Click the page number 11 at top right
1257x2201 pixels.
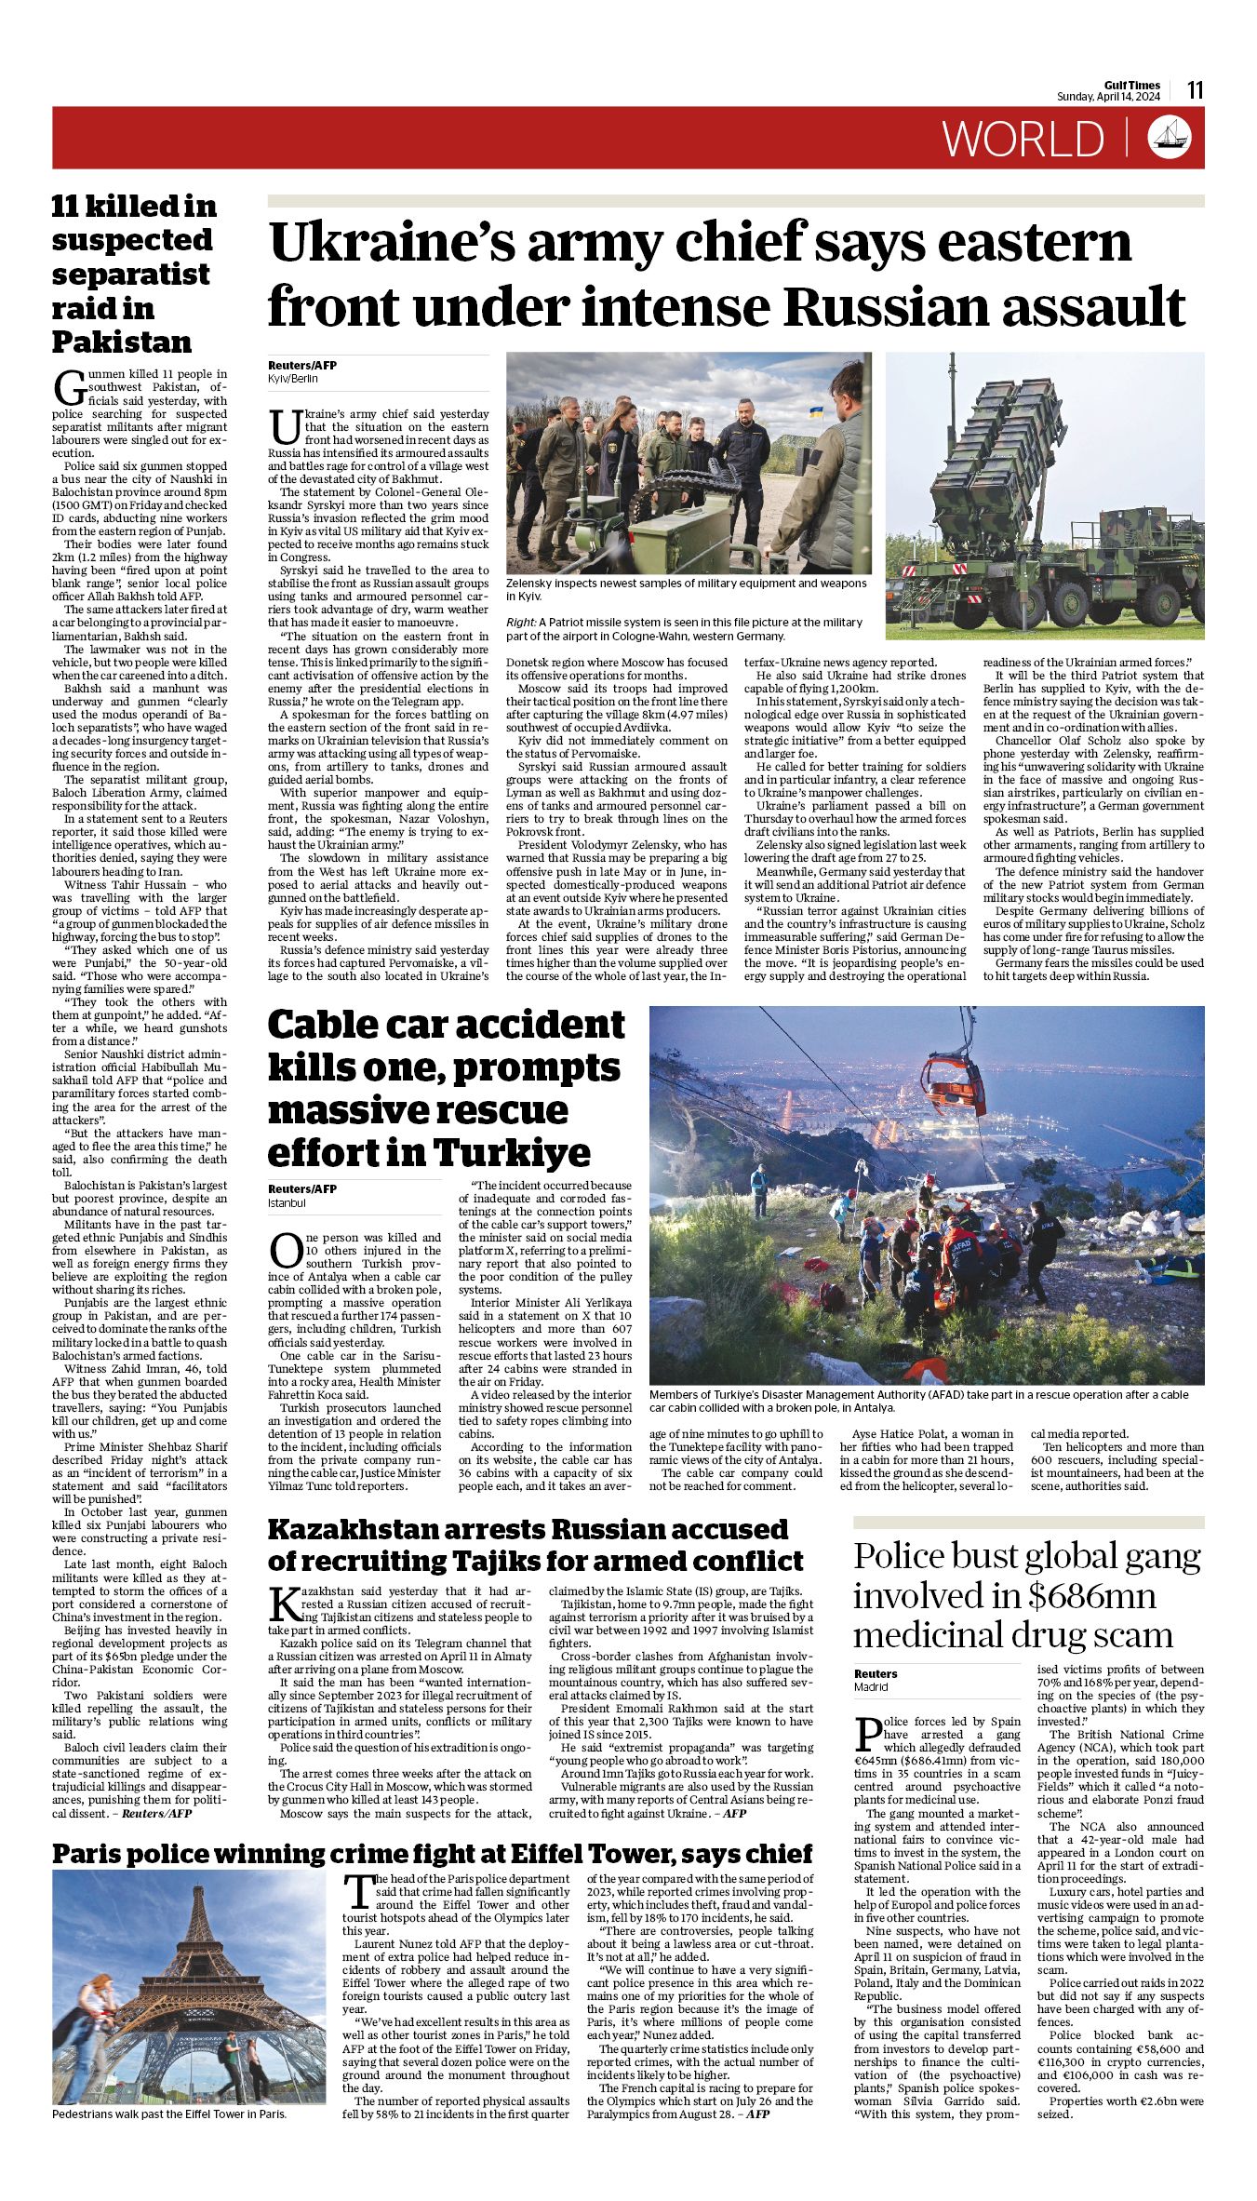coord(1196,90)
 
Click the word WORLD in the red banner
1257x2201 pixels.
coord(1023,139)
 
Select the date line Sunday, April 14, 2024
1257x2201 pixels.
coord(1108,98)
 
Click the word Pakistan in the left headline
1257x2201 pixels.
coord(121,342)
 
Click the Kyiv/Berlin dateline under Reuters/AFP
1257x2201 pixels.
coord(293,379)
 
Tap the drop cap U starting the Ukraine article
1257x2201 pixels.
coord(283,426)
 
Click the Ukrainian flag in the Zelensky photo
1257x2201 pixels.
coord(815,410)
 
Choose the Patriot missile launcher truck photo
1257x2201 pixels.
coord(1044,495)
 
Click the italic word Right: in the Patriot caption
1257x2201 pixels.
coord(521,622)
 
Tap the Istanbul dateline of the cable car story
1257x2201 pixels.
coord(287,1202)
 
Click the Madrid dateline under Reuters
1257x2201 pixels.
coord(871,1686)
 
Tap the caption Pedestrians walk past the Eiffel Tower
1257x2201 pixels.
coord(169,2114)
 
